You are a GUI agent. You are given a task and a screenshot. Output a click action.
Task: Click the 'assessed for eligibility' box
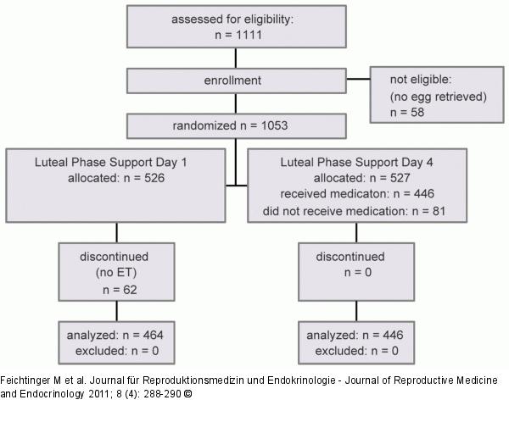tap(236, 26)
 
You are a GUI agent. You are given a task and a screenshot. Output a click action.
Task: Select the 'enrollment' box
tap(236, 81)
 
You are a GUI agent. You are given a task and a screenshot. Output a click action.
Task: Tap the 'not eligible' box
tap(437, 96)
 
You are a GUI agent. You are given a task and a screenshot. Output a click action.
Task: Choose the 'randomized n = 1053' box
tap(236, 125)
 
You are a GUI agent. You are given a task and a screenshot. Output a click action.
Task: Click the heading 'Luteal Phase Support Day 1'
tap(118, 163)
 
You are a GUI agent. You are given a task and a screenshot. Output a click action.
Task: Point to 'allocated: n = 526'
tap(118, 178)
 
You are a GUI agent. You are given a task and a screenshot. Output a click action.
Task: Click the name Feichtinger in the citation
tap(30, 381)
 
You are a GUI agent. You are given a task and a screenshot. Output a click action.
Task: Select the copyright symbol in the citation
tap(188, 394)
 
